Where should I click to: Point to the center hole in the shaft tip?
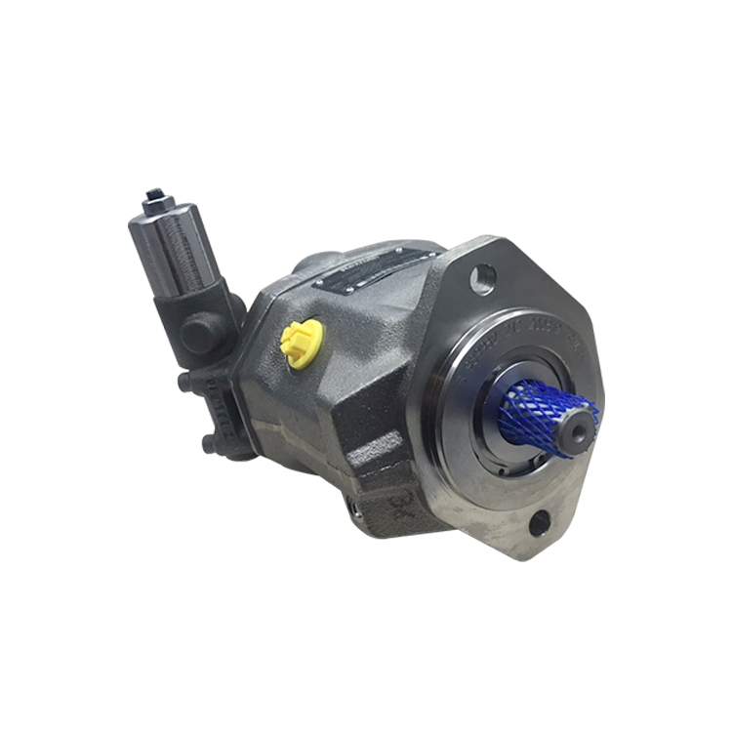pyautogui.click(x=582, y=421)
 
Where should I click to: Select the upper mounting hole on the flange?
pyautogui.click(x=481, y=280)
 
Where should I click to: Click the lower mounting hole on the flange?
pyautogui.click(x=539, y=525)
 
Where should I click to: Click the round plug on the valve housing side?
pyautogui.click(x=198, y=334)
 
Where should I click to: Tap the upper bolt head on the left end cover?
pyautogui.click(x=183, y=382)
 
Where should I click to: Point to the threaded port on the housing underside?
pyautogui.click(x=353, y=506)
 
